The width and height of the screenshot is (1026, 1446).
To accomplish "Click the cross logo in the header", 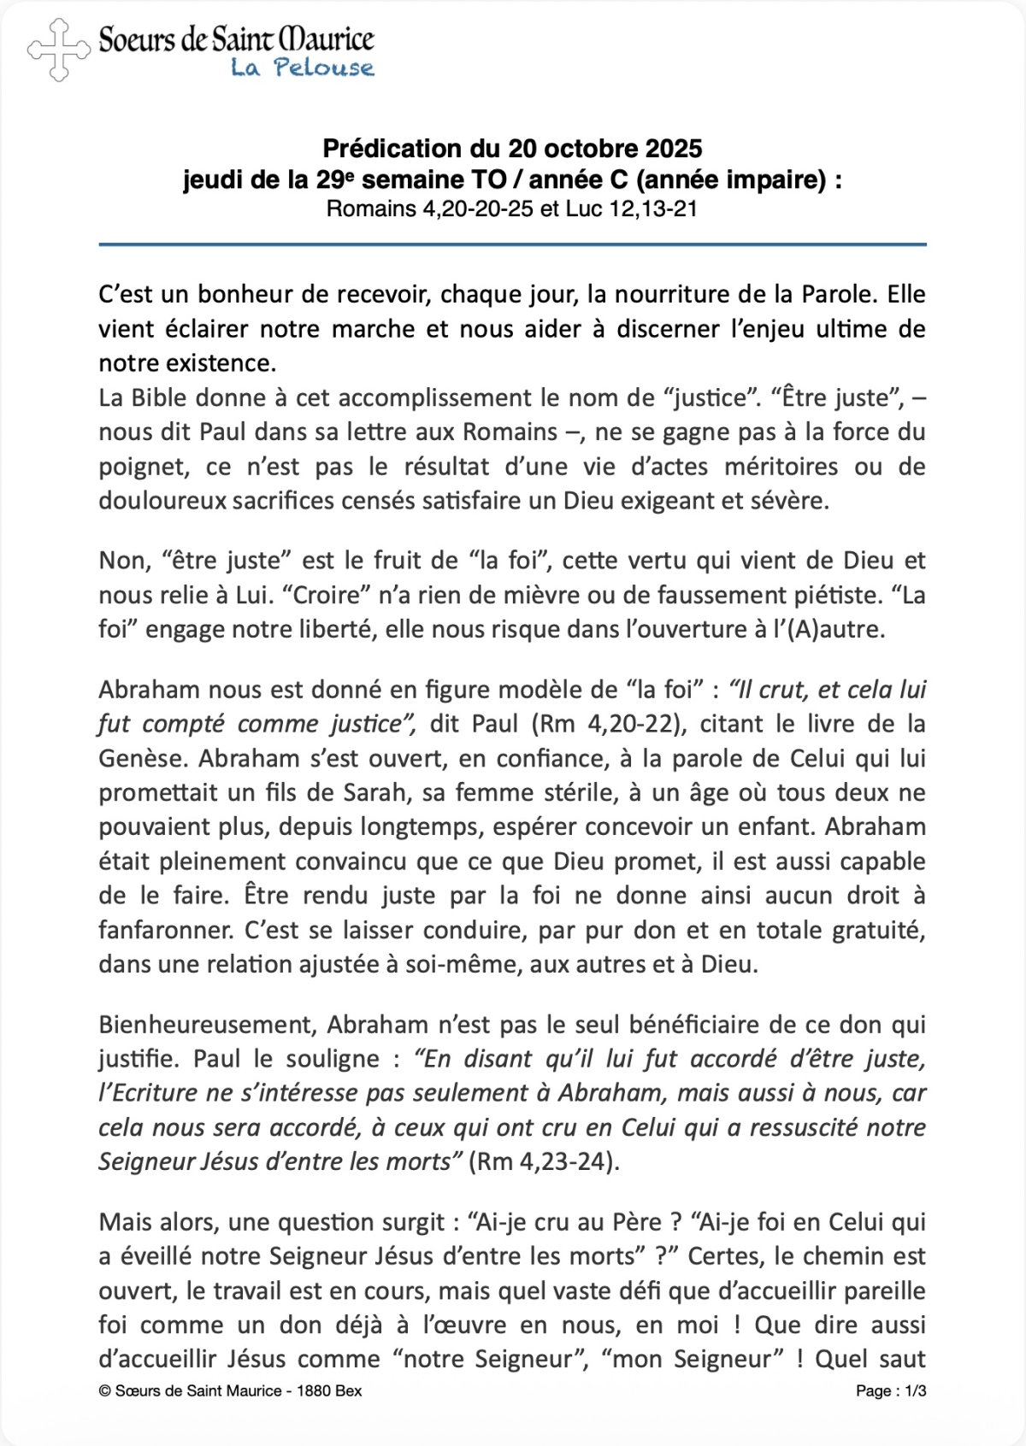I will [x=58, y=50].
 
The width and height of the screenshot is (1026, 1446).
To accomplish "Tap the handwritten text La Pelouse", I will [x=303, y=68].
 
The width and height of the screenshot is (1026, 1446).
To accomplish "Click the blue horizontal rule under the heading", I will [x=512, y=245].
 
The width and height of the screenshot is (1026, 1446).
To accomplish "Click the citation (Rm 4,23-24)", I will [x=544, y=1162].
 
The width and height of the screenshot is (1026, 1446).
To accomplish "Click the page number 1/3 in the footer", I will [x=916, y=1391].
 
